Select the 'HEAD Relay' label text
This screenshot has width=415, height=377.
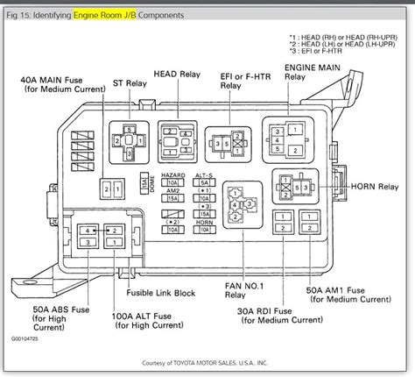(x=180, y=76)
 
